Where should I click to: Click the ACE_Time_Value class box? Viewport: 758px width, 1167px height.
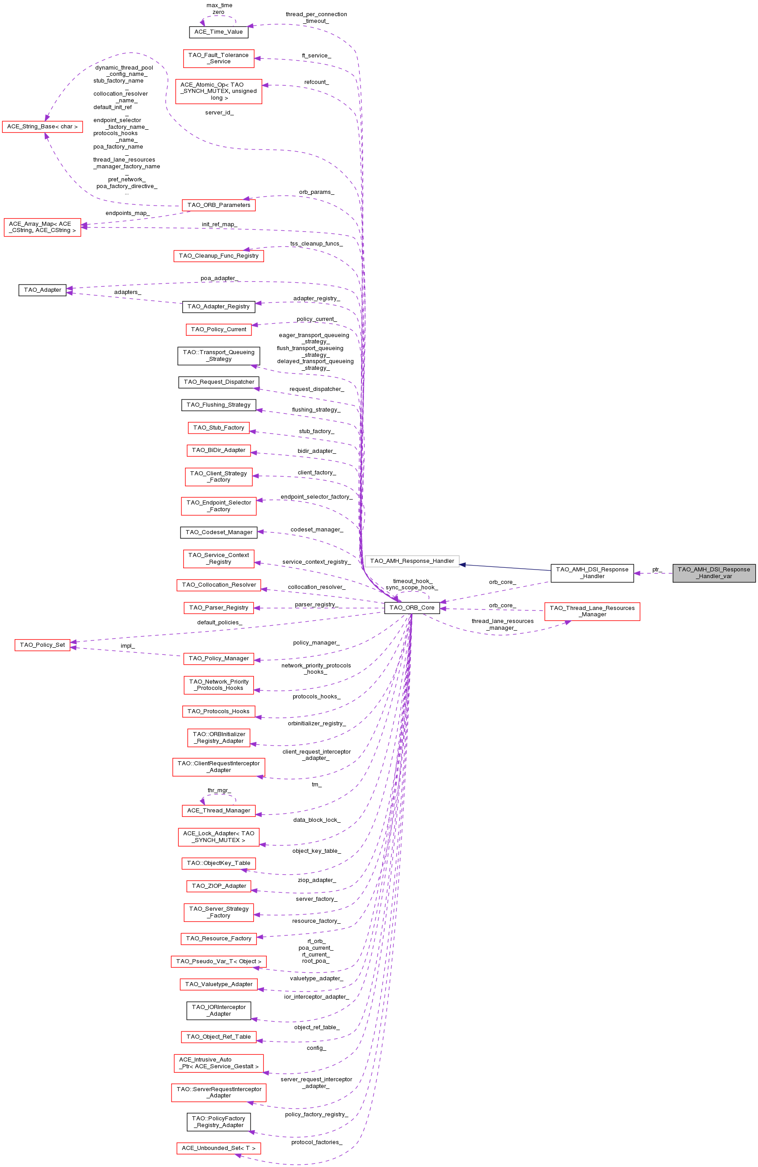coord(218,32)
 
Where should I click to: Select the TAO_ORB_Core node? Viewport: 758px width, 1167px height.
coord(412,608)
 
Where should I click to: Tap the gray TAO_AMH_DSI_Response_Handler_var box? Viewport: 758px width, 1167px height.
coord(714,573)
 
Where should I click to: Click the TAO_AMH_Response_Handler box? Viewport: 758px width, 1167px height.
coord(412,561)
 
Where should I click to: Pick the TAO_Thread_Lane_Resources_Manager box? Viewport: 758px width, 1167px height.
coord(592,611)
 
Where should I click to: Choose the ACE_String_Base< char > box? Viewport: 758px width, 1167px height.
coord(42,127)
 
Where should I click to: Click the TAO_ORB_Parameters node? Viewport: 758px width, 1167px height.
coord(218,205)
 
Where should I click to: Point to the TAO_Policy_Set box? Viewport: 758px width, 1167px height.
coord(42,645)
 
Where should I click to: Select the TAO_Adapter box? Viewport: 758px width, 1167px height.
coord(42,290)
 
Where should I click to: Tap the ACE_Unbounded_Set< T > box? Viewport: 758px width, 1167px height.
coord(218,1148)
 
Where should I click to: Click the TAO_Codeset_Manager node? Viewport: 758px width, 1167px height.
coord(219,532)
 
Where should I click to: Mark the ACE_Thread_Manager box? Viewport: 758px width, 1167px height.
coord(218,811)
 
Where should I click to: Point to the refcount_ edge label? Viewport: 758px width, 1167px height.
coord(317,82)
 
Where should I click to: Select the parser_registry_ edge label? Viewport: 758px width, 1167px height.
coord(317,605)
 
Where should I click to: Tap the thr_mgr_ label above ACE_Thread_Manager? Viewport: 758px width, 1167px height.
coord(219,790)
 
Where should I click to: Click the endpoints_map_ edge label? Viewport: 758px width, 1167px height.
coord(128,213)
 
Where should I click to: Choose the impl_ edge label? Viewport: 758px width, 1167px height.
coord(128,646)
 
